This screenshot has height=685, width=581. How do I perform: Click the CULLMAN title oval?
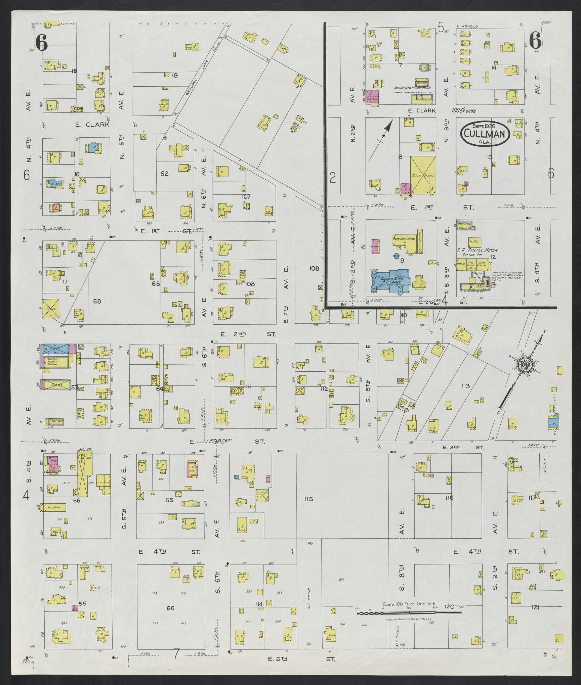(x=485, y=133)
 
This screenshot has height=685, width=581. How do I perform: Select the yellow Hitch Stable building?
(x=423, y=175)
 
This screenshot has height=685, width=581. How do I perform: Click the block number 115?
(x=308, y=499)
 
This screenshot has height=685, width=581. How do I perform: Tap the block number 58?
(x=97, y=301)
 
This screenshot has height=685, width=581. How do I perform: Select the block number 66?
(x=170, y=580)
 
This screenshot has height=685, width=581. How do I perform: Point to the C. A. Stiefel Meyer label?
(x=477, y=250)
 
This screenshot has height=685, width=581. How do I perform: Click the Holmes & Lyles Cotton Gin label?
(x=413, y=88)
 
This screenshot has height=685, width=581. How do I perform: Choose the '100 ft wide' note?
(x=463, y=110)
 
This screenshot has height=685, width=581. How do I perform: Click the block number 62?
(x=164, y=174)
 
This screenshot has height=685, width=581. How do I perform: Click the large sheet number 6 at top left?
(x=41, y=43)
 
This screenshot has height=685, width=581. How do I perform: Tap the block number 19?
(x=174, y=76)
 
